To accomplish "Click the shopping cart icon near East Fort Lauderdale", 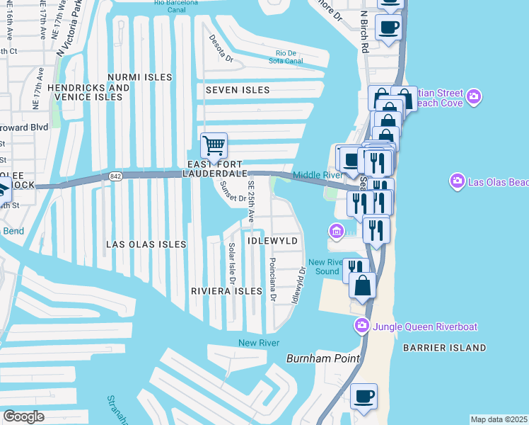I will (x=214, y=146).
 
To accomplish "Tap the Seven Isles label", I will (x=238, y=90).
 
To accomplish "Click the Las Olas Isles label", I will (x=146, y=244).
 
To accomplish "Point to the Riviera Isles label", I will (x=226, y=291).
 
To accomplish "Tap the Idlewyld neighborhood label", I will (x=273, y=241).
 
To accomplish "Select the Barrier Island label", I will (x=444, y=348).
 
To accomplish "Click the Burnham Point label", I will (x=323, y=358).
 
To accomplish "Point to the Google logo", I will (x=23, y=416).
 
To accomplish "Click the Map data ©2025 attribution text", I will (x=499, y=419).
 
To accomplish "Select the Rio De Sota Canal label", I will (x=286, y=57).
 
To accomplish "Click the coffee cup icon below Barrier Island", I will (x=364, y=397).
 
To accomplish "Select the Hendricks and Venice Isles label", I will (x=89, y=92).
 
